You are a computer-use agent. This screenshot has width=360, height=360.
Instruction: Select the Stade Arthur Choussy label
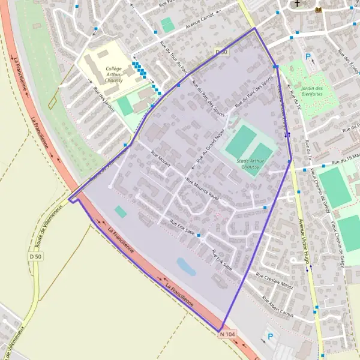point(251,164)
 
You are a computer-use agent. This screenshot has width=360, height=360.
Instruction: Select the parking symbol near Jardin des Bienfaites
point(308,57)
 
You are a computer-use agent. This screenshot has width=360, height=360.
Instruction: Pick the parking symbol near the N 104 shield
point(269,337)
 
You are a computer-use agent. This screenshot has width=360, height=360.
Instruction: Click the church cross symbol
point(296,4)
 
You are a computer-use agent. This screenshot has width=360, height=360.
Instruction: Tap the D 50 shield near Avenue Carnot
point(221,53)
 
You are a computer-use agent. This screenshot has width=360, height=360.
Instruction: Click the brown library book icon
point(318,10)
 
